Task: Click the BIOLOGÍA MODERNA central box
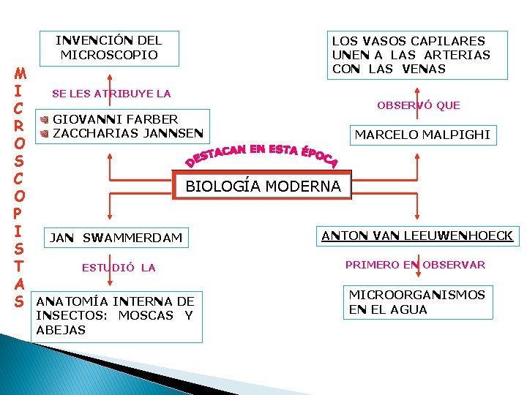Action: coord(263,186)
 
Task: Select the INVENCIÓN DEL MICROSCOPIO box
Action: coord(109,47)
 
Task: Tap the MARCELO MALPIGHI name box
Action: coord(422,135)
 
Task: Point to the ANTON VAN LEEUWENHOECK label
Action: coord(418,235)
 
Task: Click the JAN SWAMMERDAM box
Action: coord(115,237)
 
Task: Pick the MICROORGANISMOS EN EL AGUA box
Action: coord(416,302)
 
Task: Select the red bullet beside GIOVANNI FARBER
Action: coord(45,119)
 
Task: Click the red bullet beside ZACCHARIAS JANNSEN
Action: coord(45,133)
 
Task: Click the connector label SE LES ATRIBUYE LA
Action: coord(111,94)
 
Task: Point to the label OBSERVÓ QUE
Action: coord(419,105)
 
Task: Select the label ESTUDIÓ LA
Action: coord(119,268)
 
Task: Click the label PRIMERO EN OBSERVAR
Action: coord(415,265)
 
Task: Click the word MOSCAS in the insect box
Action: coord(146,315)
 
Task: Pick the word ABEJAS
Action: coord(61,330)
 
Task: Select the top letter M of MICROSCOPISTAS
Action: coord(20,74)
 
